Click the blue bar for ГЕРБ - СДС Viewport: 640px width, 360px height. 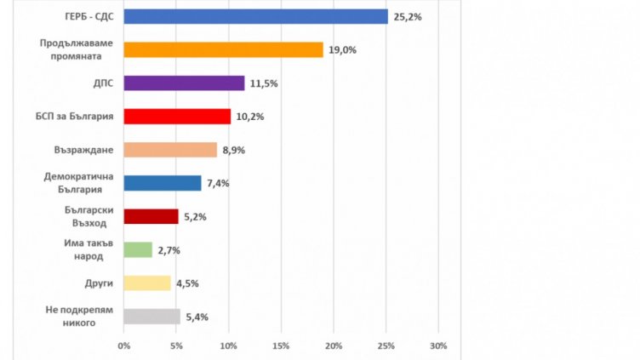pos(255,16)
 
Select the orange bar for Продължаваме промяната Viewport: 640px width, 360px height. pos(223,49)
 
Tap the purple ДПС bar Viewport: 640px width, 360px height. pos(184,83)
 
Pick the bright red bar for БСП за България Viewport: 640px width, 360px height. pos(177,117)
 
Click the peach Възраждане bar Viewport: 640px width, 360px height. pos(170,150)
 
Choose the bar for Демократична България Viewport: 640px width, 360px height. pos(163,183)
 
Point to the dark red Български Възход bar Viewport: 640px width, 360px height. pos(151,216)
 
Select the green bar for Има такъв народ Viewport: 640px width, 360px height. pos(138,249)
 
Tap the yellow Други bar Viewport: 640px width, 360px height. pos(147,283)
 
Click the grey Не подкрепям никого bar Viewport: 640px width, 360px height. pos(151,317)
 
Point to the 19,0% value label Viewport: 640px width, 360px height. pos(343,50)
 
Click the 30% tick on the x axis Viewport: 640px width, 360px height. pos(437,346)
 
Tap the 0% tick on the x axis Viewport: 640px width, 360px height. pos(123,346)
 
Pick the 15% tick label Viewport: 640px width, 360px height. pos(281,346)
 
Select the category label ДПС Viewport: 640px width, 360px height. pos(103,83)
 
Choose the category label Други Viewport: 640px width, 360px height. pos(100,283)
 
